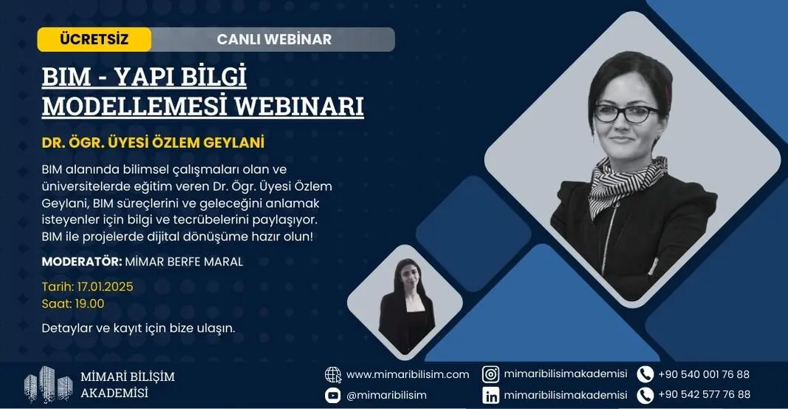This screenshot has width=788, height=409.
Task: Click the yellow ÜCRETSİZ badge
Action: coord(94,39)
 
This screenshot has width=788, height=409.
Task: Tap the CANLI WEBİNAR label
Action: coord(274,39)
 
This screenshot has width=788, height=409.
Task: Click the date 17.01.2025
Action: coord(105,287)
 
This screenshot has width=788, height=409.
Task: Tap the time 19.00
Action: coord(89,303)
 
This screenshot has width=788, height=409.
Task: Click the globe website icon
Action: coord(332,375)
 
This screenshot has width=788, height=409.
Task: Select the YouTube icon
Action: coord(332,396)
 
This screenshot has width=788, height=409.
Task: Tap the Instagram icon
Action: coord(490,374)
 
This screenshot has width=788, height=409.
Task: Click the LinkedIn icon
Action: coord(490,396)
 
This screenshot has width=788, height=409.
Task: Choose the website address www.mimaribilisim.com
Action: coord(408,375)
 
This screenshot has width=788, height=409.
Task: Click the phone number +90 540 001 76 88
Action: coord(704,374)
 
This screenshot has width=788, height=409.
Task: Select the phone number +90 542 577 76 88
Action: coord(704,394)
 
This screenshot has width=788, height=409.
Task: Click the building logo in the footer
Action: coord(49,385)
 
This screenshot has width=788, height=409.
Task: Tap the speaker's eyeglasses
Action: coord(626,114)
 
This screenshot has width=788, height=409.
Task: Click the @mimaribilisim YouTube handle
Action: coord(386,396)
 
